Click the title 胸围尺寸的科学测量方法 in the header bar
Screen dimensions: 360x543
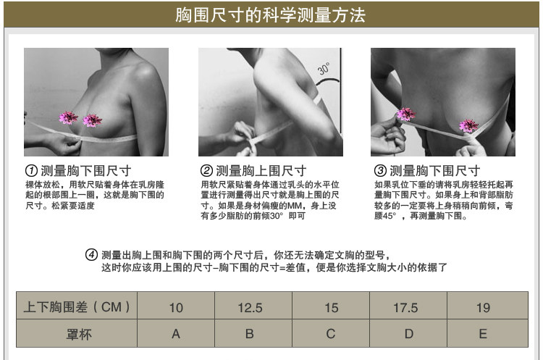271,14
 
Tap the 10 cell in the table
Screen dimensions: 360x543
176,307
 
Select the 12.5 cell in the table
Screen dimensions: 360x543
250,307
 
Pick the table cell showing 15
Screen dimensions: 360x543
331,307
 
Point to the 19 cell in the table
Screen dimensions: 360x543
483,307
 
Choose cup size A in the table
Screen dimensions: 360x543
176,334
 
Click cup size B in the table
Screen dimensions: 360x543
250,334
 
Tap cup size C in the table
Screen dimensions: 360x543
331,334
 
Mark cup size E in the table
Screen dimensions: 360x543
483,334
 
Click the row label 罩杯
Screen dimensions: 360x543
76,334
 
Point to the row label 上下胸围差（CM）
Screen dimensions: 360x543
76,307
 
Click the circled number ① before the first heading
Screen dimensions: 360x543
31,171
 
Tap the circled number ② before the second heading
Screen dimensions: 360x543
206,171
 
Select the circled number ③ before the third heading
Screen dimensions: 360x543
380,171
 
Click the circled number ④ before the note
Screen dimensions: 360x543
91,254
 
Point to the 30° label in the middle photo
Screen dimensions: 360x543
323,70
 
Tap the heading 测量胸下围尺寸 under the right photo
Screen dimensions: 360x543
434,171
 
